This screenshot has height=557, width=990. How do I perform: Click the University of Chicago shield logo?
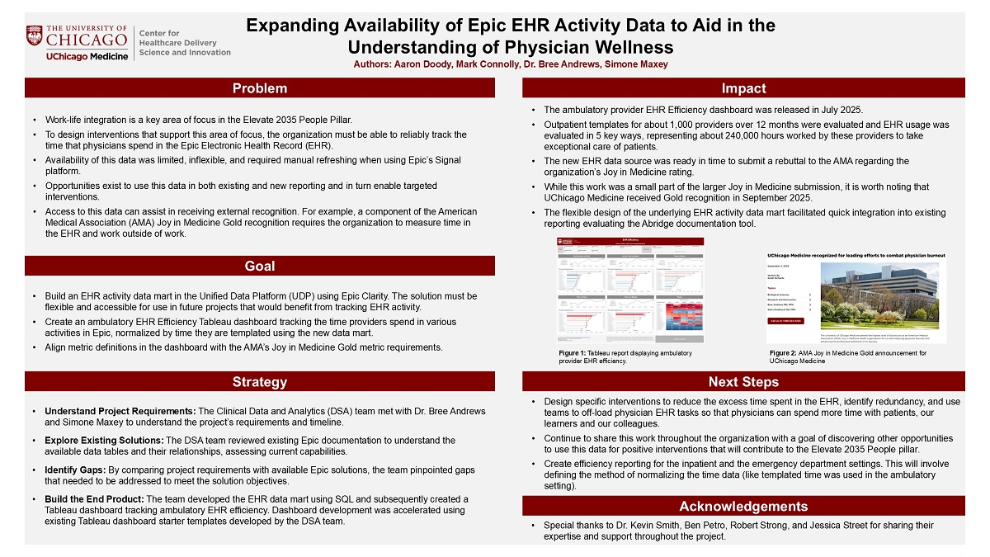[34, 35]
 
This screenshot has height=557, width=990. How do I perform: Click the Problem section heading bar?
[260, 88]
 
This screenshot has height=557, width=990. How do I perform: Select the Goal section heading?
[260, 266]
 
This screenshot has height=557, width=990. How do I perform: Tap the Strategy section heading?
[260, 381]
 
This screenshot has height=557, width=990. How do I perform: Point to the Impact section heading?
[743, 88]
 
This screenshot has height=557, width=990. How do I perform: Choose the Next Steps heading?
[743, 381]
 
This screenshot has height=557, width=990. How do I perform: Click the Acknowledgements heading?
[743, 506]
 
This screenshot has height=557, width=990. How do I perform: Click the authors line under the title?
[511, 64]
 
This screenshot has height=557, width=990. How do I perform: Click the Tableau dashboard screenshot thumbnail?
[631, 290]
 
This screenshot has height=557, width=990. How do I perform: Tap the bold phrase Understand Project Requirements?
[120, 411]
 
